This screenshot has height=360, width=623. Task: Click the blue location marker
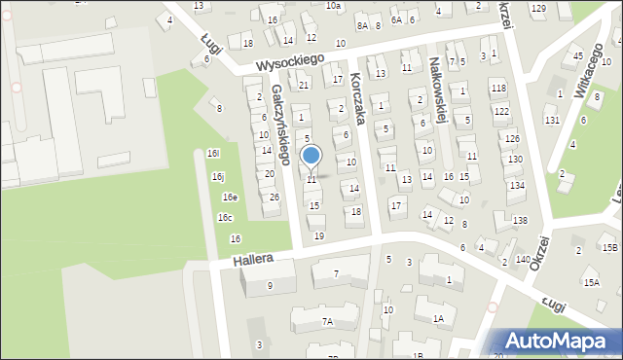tap(311, 156)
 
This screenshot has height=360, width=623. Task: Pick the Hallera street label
tap(251, 261)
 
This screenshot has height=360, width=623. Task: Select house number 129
tap(538, 8)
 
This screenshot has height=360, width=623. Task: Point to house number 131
tap(552, 120)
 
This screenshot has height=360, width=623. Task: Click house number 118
tap(499, 89)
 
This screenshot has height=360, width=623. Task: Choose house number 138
tap(521, 221)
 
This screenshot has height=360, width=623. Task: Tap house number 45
tap(578, 55)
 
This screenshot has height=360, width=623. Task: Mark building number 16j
tap(218, 176)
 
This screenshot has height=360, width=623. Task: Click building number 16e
tap(229, 198)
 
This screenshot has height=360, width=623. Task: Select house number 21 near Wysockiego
tap(304, 86)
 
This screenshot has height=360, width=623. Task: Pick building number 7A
tap(328, 321)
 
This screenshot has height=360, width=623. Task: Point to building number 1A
tap(439, 318)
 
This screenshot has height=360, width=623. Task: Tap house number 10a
tap(333, 6)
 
